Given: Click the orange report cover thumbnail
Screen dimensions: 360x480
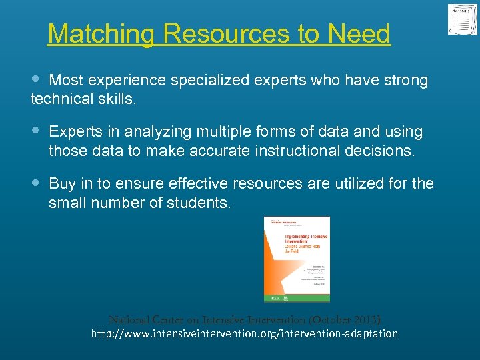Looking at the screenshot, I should click(x=296, y=259).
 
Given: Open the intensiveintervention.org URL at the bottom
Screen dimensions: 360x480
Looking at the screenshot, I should click(x=245, y=333).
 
